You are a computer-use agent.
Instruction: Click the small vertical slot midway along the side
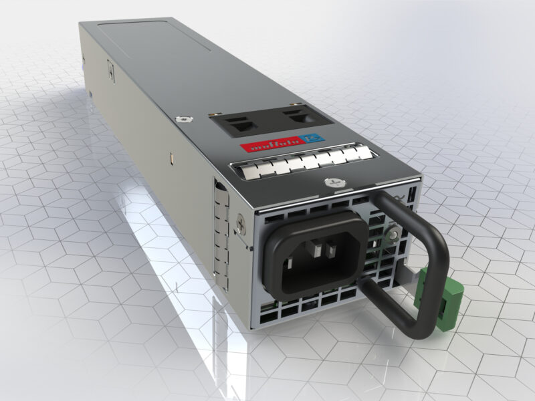coord(171,158)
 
